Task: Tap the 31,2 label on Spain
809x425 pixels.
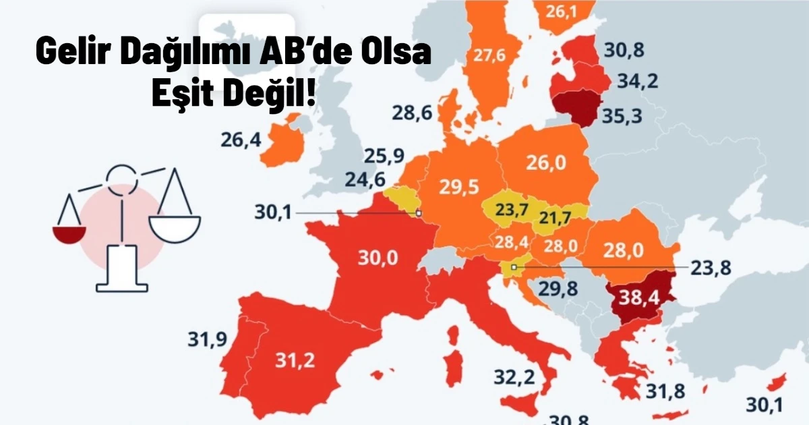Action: (295, 360)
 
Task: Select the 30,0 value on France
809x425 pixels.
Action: (378, 258)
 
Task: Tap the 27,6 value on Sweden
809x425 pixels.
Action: (489, 55)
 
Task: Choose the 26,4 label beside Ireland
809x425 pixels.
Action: (240, 141)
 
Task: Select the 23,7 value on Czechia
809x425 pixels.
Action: (512, 210)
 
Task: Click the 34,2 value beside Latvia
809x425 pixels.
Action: (638, 82)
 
